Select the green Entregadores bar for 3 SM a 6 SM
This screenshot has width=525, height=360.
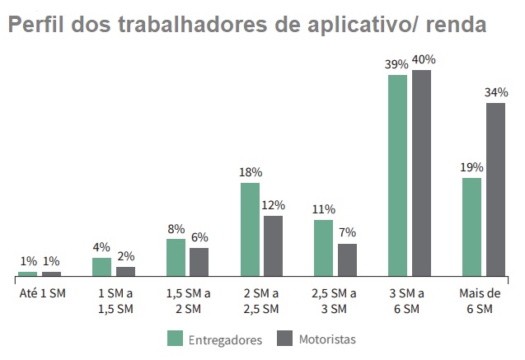398,175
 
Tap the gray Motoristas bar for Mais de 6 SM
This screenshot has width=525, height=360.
495,189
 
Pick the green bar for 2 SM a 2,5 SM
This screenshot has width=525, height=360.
250,229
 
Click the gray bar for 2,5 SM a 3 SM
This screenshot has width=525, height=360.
347,259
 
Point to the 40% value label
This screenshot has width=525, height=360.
424,59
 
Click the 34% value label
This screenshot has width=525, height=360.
496,91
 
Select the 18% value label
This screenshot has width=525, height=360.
251,172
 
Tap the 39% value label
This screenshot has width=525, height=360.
397,64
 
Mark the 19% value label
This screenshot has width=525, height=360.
471,167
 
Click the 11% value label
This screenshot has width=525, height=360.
324,209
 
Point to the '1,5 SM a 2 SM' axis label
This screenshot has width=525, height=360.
187,301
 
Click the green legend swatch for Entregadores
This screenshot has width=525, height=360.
176,339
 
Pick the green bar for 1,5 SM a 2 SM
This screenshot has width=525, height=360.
176,257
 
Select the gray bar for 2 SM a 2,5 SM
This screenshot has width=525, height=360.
274,245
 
